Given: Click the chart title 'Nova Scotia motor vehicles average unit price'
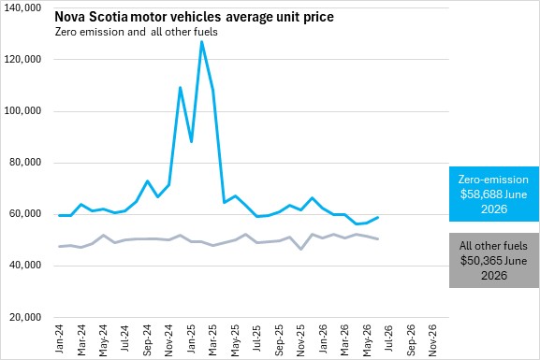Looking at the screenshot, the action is [194, 17].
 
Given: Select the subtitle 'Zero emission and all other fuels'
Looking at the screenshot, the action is [137, 32].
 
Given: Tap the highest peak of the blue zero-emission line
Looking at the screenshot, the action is [202, 42].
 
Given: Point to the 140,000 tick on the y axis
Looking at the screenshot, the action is [22, 7].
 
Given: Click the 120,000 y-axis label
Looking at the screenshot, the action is [22, 59].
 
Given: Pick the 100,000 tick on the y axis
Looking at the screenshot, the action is [22, 111].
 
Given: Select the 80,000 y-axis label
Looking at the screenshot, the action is [25, 163].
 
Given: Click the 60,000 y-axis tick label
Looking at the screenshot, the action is [25, 214].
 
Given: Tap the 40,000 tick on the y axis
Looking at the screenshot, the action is [25, 266].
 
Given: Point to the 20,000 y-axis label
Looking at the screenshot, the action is [25, 317].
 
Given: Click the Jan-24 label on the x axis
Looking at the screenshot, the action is [59, 338].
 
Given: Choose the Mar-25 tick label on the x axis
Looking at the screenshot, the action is [212, 339].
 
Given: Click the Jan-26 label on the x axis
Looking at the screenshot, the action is [323, 338].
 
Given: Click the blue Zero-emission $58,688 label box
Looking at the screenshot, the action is [494, 194].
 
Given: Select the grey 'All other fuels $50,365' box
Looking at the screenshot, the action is [494, 260].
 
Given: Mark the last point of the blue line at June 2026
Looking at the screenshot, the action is [378, 218].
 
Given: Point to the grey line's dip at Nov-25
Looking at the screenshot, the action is [301, 249].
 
